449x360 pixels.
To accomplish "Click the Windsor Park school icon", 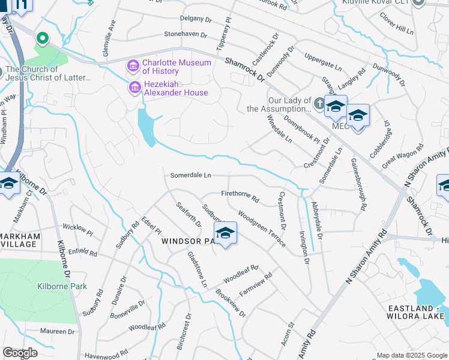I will (x=225, y=233).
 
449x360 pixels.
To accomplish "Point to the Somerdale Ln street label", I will (x=191, y=175).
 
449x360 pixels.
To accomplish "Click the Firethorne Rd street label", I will (x=240, y=195).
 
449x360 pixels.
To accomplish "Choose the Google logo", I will (x=20, y=352).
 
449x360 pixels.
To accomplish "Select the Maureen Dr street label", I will (x=57, y=331).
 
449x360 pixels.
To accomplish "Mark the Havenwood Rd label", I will (x=106, y=354).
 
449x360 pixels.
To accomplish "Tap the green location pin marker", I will (x=42, y=39).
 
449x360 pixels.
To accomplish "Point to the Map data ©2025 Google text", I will (x=411, y=355).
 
